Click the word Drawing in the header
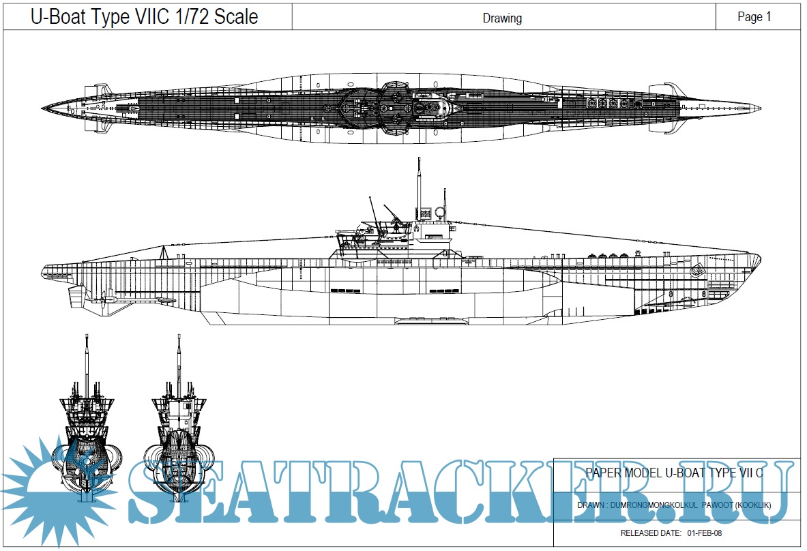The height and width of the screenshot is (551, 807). [x=502, y=18]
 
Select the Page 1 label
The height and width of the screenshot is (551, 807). [x=754, y=17]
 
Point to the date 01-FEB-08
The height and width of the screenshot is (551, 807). [x=705, y=533]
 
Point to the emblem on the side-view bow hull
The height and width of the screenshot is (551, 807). [x=698, y=271]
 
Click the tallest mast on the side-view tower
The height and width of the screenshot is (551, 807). [x=417, y=184]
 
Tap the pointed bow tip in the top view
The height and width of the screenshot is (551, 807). [x=758, y=108]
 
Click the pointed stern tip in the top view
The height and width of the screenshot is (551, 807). [x=44, y=108]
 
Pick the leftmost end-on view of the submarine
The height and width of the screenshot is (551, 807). [x=87, y=423]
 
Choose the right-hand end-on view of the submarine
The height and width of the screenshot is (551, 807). [x=179, y=423]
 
